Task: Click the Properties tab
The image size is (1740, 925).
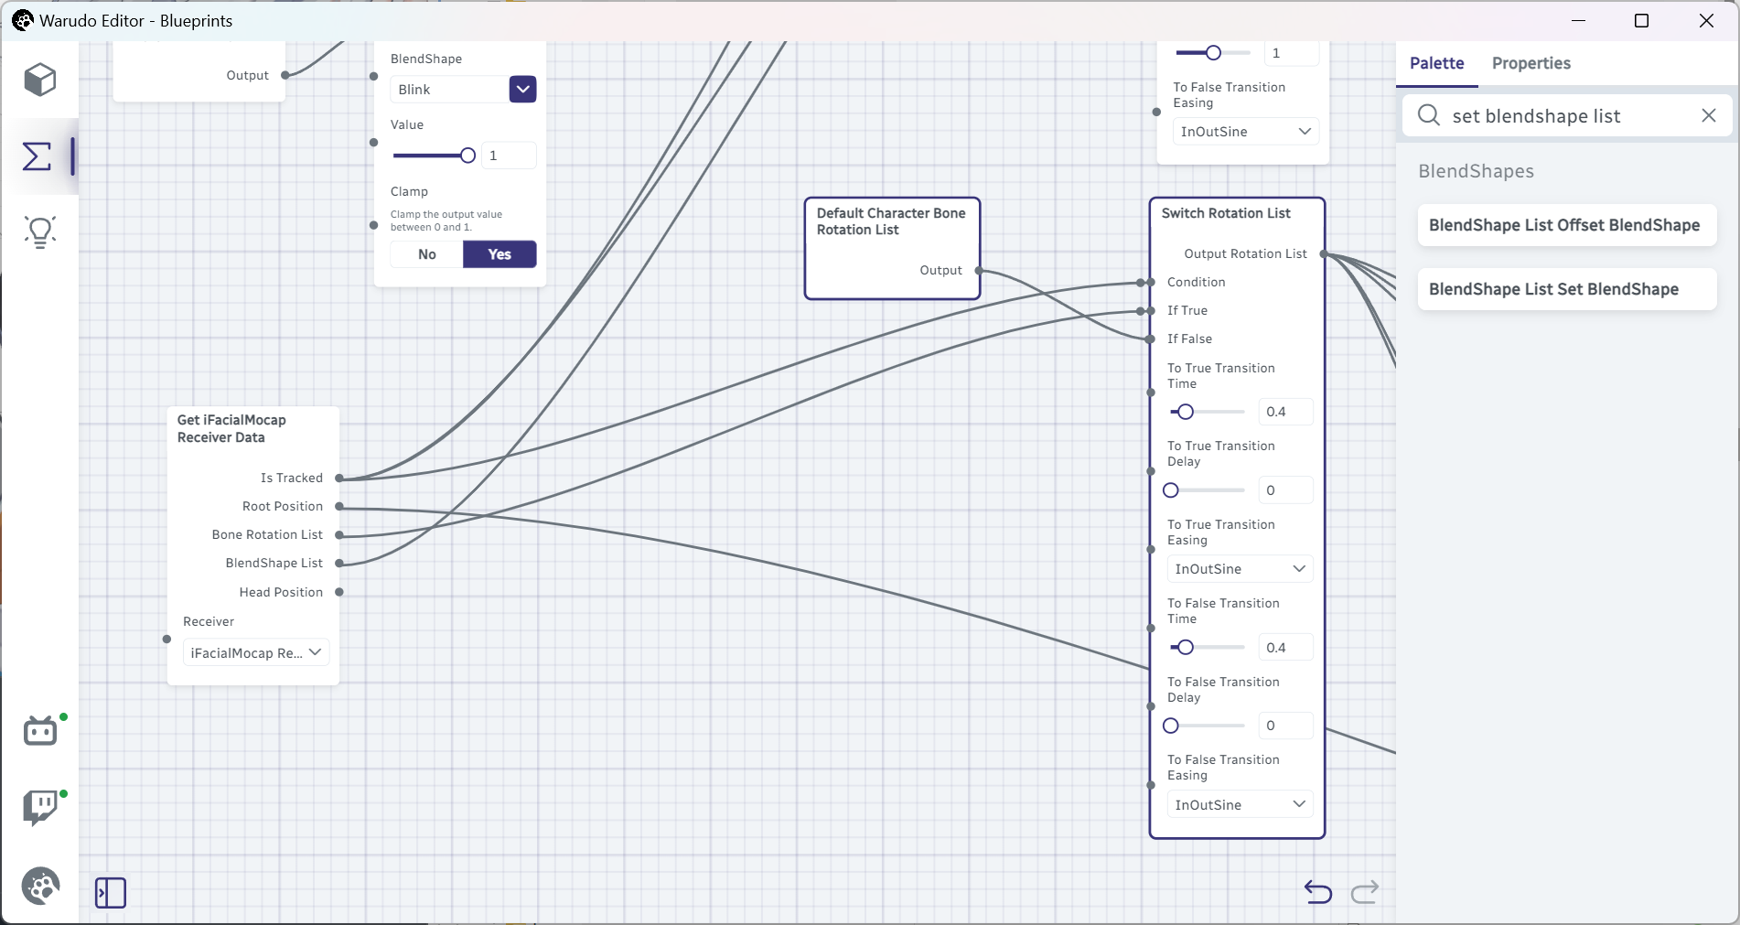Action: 1531,63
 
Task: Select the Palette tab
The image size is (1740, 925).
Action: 1436,63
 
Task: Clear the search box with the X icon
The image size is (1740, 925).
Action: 1708,115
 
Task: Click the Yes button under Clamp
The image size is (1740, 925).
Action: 499,254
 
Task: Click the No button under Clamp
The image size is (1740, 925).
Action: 427,254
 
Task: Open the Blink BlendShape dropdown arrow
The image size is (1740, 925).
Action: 522,90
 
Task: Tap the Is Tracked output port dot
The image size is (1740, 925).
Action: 339,478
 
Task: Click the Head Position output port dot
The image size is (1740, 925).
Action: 339,592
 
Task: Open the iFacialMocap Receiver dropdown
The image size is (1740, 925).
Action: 256,652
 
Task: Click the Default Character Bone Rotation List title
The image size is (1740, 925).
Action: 891,221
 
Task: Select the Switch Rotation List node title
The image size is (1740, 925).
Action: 1226,213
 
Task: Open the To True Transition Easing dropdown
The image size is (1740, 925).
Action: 1241,569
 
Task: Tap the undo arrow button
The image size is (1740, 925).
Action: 1318,891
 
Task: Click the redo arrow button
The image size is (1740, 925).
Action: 1365,891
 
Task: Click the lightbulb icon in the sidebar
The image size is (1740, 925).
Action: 40,232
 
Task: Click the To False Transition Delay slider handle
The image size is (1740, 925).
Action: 1171,726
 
